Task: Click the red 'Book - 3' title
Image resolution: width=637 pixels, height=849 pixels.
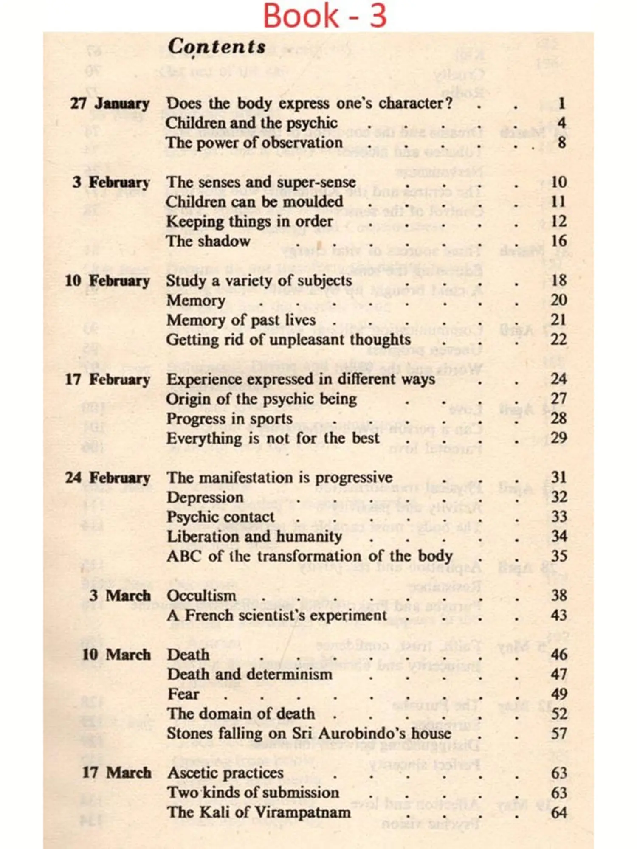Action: tap(325, 16)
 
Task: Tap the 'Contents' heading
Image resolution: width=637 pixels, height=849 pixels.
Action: tap(217, 46)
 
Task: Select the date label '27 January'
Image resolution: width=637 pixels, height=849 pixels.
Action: tap(110, 104)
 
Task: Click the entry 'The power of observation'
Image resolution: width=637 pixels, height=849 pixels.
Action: tap(254, 143)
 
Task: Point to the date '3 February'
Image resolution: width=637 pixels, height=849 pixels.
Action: tap(111, 183)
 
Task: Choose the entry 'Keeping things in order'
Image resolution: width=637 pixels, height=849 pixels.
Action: tap(249, 222)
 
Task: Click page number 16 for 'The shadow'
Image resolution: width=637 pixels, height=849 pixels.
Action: tap(558, 241)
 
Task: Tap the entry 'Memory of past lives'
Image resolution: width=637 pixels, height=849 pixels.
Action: tap(241, 320)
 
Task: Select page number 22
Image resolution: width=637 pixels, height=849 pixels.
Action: tap(558, 340)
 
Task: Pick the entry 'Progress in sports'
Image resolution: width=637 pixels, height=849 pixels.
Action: tap(229, 419)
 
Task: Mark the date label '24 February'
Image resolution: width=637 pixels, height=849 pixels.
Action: tap(107, 478)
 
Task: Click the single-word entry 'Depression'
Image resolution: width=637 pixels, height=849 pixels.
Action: tap(205, 498)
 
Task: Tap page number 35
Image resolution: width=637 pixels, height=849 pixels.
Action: tap(559, 556)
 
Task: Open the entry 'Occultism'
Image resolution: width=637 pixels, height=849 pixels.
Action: tap(201, 596)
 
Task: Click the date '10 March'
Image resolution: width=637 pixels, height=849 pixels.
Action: tap(116, 655)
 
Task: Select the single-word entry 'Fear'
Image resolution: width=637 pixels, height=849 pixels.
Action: tap(183, 694)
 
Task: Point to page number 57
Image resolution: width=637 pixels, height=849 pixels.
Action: tap(559, 734)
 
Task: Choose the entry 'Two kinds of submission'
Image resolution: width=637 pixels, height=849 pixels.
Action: tap(253, 793)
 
